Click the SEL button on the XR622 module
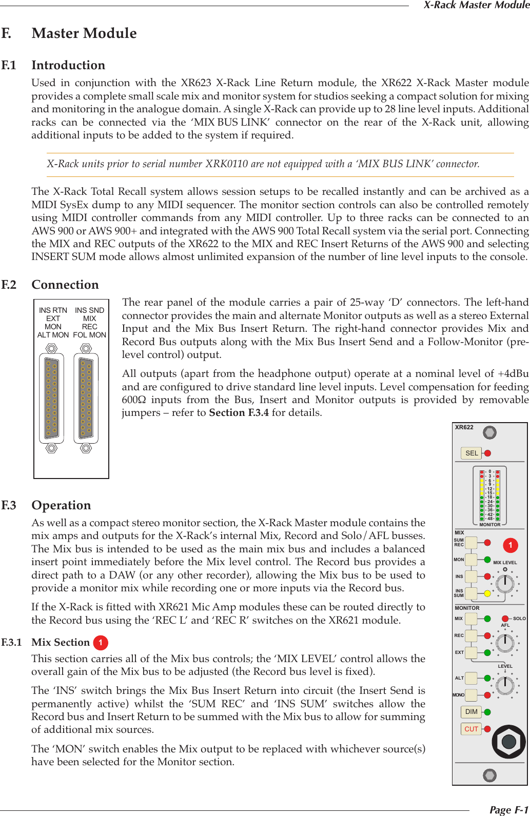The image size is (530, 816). click(472, 453)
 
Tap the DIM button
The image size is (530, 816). click(471, 712)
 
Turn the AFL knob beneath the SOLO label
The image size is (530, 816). click(505, 641)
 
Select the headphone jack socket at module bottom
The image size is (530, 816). click(508, 741)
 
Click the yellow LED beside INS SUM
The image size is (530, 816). click(487, 593)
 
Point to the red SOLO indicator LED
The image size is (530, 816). click(505, 619)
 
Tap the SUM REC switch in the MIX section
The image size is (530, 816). click(471, 542)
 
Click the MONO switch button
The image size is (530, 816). click(471, 695)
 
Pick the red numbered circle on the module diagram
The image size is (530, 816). click(510, 545)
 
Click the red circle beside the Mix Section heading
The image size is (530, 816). click(101, 643)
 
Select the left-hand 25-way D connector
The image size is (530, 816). click(51, 398)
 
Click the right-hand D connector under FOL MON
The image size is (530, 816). click(86, 398)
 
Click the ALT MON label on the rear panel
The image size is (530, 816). click(53, 335)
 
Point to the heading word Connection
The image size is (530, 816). click(65, 285)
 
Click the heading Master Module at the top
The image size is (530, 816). click(84, 33)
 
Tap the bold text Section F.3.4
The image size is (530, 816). click(239, 413)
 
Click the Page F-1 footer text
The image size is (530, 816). click(508, 810)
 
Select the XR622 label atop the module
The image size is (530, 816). click(464, 427)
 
